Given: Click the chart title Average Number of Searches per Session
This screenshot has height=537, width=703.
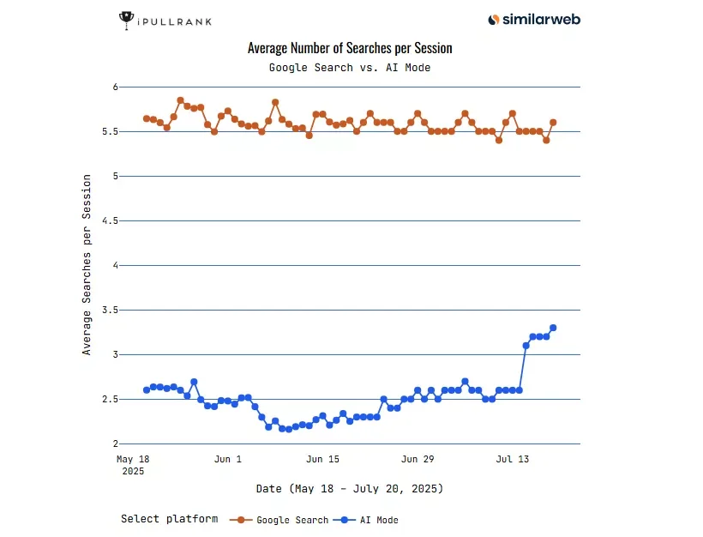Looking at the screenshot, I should (x=349, y=48).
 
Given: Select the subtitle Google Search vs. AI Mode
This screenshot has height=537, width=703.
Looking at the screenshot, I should (x=349, y=67).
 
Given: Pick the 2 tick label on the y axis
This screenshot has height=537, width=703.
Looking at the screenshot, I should (x=112, y=443).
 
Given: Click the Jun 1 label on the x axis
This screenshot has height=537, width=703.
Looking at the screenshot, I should (x=227, y=460).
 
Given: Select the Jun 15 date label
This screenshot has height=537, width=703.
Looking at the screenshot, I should (x=322, y=460).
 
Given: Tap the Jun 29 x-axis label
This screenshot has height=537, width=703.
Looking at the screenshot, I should (x=418, y=460).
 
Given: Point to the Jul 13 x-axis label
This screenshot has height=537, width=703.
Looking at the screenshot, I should (x=512, y=460).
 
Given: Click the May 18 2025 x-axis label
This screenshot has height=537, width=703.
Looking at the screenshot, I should (x=132, y=465).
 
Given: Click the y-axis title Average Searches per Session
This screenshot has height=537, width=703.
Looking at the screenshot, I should (x=87, y=264).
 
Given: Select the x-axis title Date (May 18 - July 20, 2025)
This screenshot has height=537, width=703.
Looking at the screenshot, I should (x=349, y=489).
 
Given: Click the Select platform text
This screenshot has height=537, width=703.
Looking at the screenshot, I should (x=169, y=519).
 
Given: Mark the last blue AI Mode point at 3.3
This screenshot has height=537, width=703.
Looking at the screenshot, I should (x=553, y=328).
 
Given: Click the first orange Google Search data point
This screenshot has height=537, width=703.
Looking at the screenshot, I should (x=147, y=118).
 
